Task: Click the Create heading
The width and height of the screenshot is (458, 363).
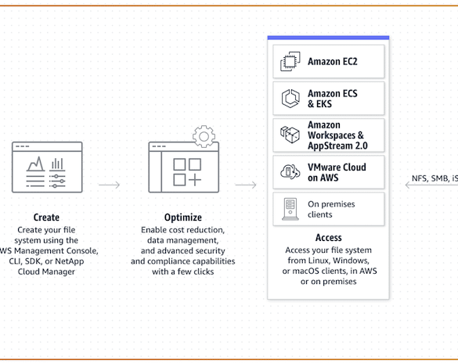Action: pyautogui.click(x=46, y=217)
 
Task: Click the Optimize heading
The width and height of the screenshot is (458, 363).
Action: pyautogui.click(x=183, y=217)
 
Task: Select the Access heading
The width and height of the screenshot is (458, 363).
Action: pyautogui.click(x=328, y=238)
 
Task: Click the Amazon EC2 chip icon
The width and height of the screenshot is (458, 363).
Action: pyautogui.click(x=290, y=61)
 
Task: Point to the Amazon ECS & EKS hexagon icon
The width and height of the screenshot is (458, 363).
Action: pyautogui.click(x=290, y=99)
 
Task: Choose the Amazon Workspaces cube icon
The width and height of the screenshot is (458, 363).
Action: pyautogui.click(x=290, y=135)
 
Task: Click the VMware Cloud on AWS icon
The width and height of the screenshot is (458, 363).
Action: pyautogui.click(x=290, y=171)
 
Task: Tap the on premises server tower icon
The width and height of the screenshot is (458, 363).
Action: pyautogui.click(x=290, y=209)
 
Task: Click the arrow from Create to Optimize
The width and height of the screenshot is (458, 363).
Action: pyautogui.click(x=110, y=185)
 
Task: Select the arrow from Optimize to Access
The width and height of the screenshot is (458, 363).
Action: pyautogui.click(x=246, y=185)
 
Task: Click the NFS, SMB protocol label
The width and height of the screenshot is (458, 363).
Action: pyautogui.click(x=435, y=178)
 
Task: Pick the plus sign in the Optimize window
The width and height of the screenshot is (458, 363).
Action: pyautogui.click(x=195, y=180)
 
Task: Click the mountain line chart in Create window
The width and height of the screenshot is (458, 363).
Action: pyautogui.click(x=36, y=164)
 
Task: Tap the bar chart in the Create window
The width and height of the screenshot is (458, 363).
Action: pyautogui.click(x=57, y=164)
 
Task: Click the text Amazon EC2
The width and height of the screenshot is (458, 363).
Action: pyautogui.click(x=333, y=62)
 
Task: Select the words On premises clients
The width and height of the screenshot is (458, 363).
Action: pyautogui.click(x=331, y=209)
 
